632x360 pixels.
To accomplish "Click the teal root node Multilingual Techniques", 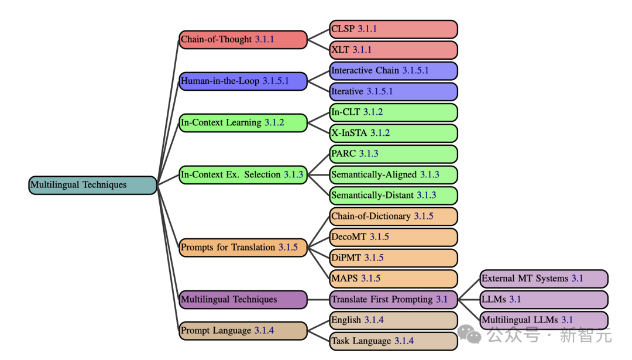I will tap(92, 185).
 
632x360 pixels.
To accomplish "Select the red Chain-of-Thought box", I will tap(243, 40).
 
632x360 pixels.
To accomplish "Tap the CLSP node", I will tap(393, 29).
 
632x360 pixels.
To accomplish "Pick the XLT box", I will tap(393, 50).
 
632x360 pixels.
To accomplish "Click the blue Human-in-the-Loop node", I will tap(243, 81).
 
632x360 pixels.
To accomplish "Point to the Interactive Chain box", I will tap(393, 71).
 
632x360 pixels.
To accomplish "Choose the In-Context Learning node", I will tap(243, 123).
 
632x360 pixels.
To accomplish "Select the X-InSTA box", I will tap(393, 133).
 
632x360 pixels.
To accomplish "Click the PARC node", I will tap(393, 154).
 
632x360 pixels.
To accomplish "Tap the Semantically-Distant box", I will tap(393, 196).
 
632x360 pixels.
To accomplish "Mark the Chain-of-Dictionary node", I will tap(393, 217).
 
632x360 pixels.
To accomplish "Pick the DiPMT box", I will tap(393, 258).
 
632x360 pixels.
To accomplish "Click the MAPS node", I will tap(393, 279).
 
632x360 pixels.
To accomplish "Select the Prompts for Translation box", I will tap(243, 248).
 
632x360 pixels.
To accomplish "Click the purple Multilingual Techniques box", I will tap(243, 300).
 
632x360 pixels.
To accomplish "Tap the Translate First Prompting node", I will tap(393, 300).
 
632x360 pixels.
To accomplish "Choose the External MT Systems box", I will tap(544, 279).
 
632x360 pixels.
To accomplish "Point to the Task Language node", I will tap(393, 341).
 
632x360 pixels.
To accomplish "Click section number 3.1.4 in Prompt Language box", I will tap(264, 331).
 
